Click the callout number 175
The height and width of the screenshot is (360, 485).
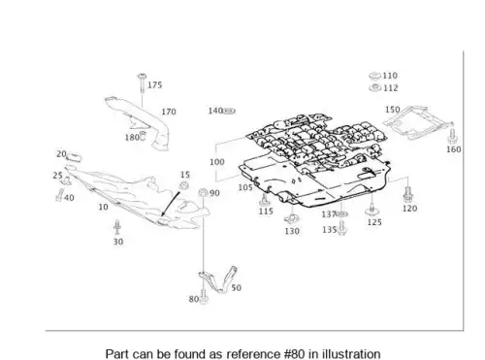click(154, 85)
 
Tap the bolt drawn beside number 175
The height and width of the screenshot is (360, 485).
click(142, 84)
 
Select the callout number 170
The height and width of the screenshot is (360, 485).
click(169, 112)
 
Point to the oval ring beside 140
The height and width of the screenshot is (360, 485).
click(229, 111)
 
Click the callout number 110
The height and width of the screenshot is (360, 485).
click(390, 76)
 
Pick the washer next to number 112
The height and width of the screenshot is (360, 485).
click(375, 87)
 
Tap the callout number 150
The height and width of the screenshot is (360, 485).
click(393, 110)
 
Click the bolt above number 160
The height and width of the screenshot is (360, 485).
click(452, 136)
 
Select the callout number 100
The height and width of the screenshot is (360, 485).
click(217, 162)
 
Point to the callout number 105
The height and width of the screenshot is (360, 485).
click(245, 187)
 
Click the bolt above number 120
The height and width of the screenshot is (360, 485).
click(407, 195)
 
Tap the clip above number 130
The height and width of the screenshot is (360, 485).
click(292, 219)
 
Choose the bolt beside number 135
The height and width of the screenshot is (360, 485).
click(342, 228)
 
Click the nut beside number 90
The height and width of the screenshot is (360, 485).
click(203, 193)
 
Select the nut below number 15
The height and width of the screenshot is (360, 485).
click(184, 186)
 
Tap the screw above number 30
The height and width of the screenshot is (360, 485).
click(117, 227)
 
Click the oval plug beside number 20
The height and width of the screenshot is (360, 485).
click(75, 157)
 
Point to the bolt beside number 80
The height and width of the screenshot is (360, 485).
click(203, 297)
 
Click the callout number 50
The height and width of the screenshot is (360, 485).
click(236, 287)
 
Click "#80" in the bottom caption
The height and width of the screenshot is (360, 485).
click(294, 353)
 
